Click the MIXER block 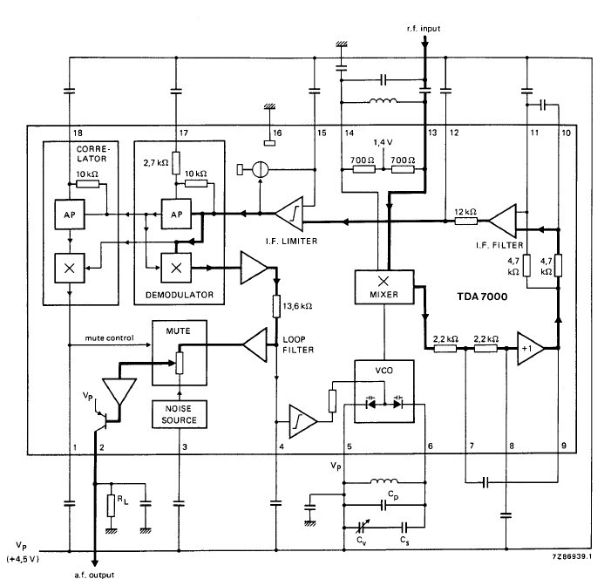(384, 287)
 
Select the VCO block (384, 391)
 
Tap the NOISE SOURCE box (180, 414)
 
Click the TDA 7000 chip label (482, 296)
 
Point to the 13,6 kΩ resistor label (297, 306)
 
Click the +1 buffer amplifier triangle (530, 348)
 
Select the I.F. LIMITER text (291, 242)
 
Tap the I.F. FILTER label (499, 245)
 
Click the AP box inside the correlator (70, 214)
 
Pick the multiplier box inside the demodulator (176, 268)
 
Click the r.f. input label (424, 29)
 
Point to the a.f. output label (94, 575)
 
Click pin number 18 (78, 133)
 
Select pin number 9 (564, 446)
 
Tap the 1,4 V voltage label (383, 143)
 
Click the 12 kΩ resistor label (465, 212)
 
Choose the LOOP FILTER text (298, 344)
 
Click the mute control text (109, 338)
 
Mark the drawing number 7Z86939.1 (572, 556)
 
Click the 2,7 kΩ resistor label (156, 162)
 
